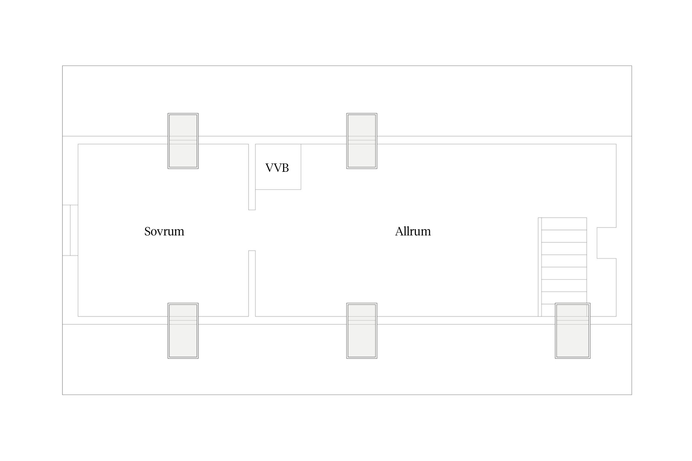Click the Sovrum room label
(164, 231)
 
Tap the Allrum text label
(413, 231)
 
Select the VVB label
(277, 168)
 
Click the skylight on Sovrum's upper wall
(183, 141)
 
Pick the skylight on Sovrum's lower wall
(183, 331)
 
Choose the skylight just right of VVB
(362, 141)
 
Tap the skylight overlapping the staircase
(572, 331)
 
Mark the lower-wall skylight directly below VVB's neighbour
(362, 331)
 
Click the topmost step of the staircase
(564, 224)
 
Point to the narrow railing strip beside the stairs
(540, 267)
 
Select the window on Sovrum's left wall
(70, 230)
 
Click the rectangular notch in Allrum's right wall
(606, 243)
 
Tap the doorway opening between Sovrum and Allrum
(252, 230)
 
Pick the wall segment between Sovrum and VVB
(252, 177)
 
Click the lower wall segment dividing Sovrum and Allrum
(252, 283)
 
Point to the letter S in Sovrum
(147, 231)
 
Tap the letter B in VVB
(285, 168)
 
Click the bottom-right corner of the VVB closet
(301, 189)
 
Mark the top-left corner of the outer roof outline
(62, 66)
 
